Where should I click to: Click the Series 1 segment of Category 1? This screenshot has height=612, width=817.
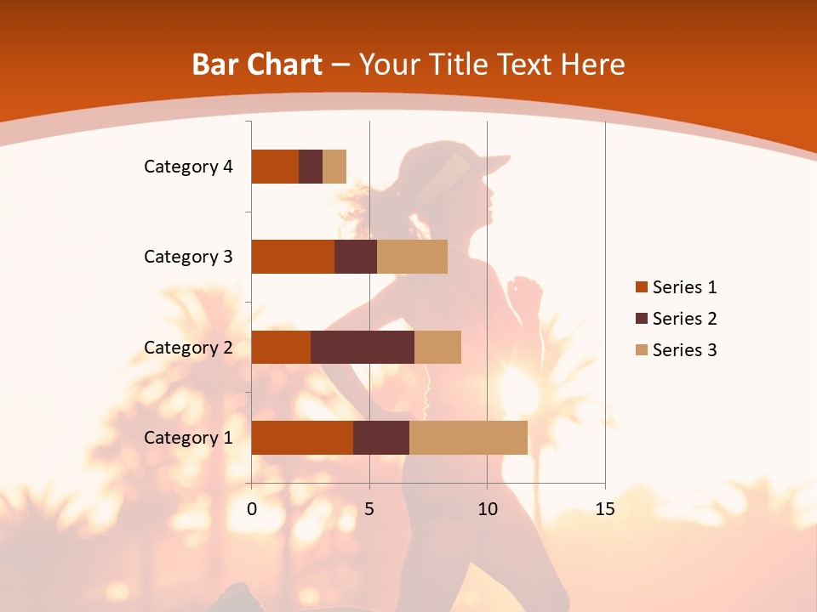click(x=302, y=438)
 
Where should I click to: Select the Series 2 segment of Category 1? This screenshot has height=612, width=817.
click(x=381, y=438)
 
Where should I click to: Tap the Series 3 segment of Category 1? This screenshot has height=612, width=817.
click(x=468, y=438)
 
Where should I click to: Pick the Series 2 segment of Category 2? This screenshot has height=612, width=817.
click(x=363, y=347)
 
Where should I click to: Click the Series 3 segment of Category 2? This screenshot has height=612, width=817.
click(x=437, y=347)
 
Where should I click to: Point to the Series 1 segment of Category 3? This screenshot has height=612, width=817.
click(x=293, y=257)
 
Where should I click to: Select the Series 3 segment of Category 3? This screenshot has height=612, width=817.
click(x=412, y=257)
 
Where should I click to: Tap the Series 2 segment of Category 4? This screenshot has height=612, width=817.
click(x=311, y=167)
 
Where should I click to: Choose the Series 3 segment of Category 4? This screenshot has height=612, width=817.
click(x=334, y=167)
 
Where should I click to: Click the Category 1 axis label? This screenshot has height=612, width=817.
click(x=188, y=438)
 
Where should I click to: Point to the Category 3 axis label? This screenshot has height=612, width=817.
click(x=188, y=257)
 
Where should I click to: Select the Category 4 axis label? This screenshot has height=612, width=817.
click(x=188, y=167)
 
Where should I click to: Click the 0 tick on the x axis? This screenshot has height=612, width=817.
click(x=252, y=509)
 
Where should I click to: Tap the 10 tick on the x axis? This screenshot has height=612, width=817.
click(x=487, y=509)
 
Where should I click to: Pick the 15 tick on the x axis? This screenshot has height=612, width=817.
click(x=605, y=509)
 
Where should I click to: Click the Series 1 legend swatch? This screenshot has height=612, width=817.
click(x=641, y=287)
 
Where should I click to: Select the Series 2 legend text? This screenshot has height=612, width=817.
click(x=684, y=319)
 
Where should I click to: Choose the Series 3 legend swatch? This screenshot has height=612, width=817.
click(x=641, y=350)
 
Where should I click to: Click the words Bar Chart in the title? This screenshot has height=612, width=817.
click(x=257, y=65)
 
